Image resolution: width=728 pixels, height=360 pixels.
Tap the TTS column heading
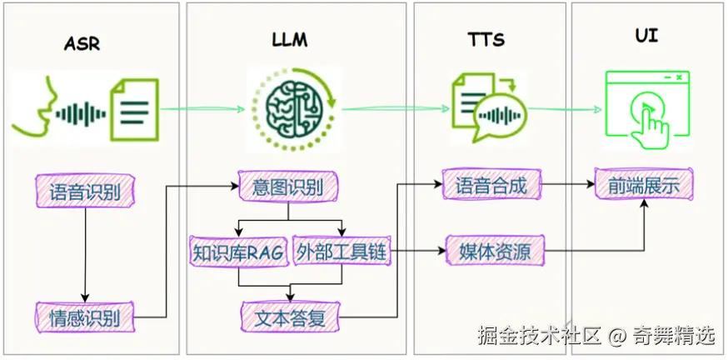tap(486, 40)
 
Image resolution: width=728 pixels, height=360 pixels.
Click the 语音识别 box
tap(85, 192)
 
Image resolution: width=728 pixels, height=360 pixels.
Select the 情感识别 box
tap(84, 317)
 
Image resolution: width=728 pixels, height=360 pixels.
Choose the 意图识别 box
tap(288, 186)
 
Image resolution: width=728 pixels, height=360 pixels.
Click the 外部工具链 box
tap(342, 251)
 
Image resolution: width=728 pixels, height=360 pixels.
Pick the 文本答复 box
tap(289, 317)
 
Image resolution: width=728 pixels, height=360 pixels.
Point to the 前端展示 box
tap(643, 185)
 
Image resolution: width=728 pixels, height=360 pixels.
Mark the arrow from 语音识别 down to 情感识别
tap(84, 254)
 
